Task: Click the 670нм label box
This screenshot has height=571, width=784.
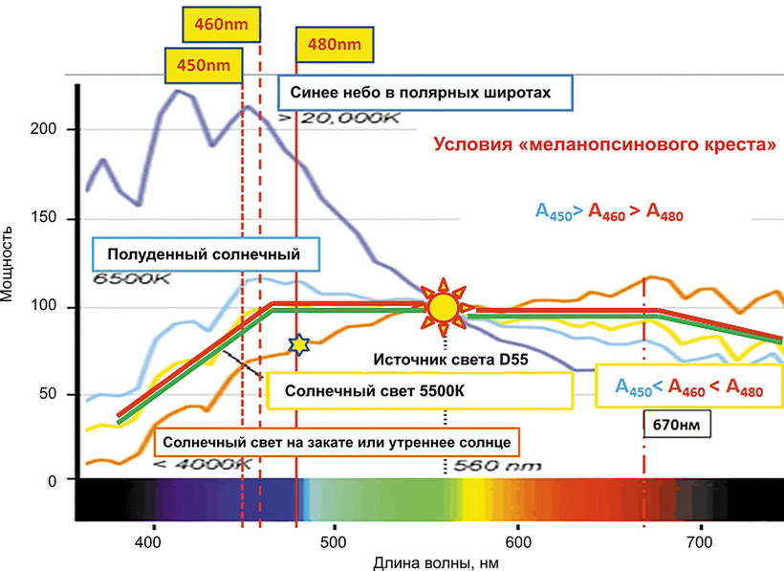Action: [674, 424]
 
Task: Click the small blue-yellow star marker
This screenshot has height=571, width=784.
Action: [299, 343]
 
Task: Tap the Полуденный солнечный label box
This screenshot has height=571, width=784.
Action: [205, 255]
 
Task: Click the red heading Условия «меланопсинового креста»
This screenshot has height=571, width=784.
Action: [604, 146]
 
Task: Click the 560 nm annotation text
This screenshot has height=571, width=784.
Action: [494, 467]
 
